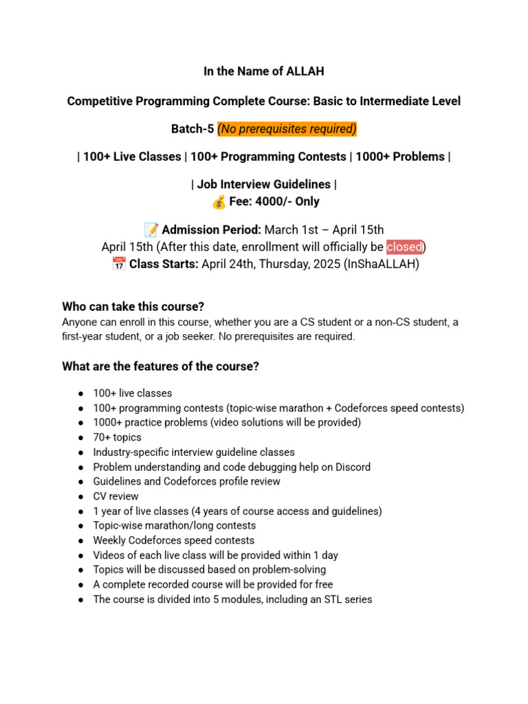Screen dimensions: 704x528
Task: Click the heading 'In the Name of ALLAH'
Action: tap(263, 71)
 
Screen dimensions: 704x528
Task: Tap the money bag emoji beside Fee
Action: tap(219, 202)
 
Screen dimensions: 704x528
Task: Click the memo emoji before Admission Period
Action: tap(151, 230)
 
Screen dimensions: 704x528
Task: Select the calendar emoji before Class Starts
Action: tap(118, 264)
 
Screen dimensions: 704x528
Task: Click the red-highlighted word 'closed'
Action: tap(404, 247)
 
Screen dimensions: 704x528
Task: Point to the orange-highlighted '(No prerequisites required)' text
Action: tap(287, 129)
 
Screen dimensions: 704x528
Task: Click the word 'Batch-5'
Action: tap(192, 129)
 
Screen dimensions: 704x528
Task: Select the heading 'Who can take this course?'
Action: tap(133, 307)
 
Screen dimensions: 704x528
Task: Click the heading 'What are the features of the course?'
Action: tap(160, 367)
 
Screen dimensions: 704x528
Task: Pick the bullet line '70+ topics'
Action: tap(118, 437)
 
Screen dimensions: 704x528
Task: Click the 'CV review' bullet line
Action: tap(115, 496)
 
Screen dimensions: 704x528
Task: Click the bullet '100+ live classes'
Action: tap(133, 393)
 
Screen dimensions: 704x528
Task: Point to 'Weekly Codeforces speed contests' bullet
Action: tap(174, 540)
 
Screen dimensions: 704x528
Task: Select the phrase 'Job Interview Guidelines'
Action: tap(263, 184)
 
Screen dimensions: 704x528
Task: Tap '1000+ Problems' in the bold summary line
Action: tap(399, 157)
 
